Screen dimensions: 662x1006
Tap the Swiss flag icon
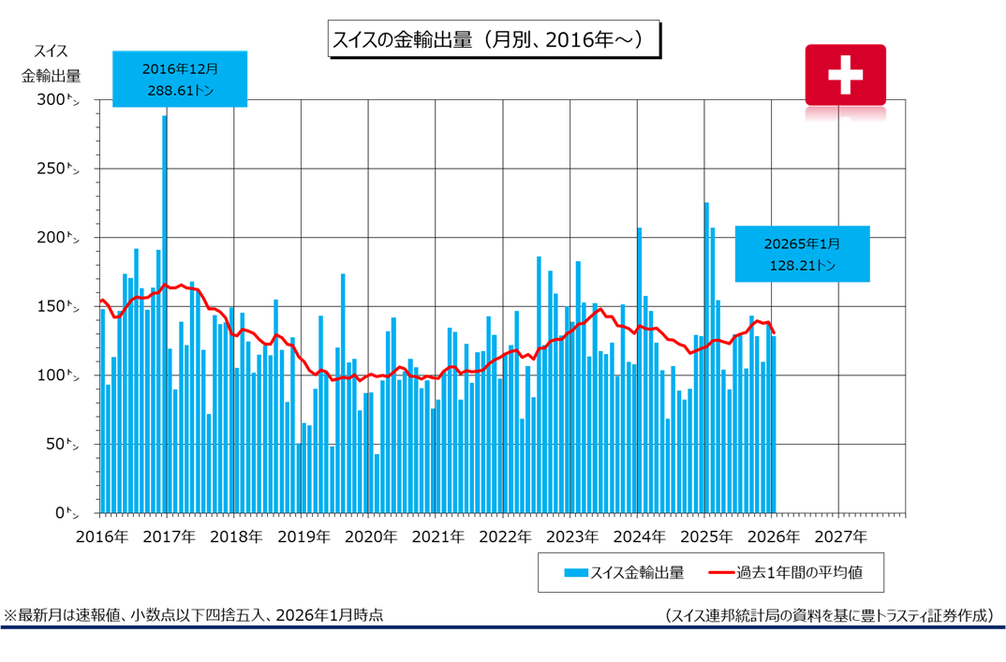click(845, 74)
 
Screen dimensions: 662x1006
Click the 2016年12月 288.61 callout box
click(180, 80)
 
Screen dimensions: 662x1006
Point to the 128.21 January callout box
click(802, 254)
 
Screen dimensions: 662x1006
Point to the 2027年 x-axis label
click(839, 537)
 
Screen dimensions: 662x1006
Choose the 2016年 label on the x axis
click(101, 537)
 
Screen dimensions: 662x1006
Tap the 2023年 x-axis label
click(570, 537)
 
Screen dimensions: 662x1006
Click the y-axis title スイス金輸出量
click(51, 64)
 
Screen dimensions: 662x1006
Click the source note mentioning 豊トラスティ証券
click(829, 615)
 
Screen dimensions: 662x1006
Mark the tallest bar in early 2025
click(706, 356)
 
